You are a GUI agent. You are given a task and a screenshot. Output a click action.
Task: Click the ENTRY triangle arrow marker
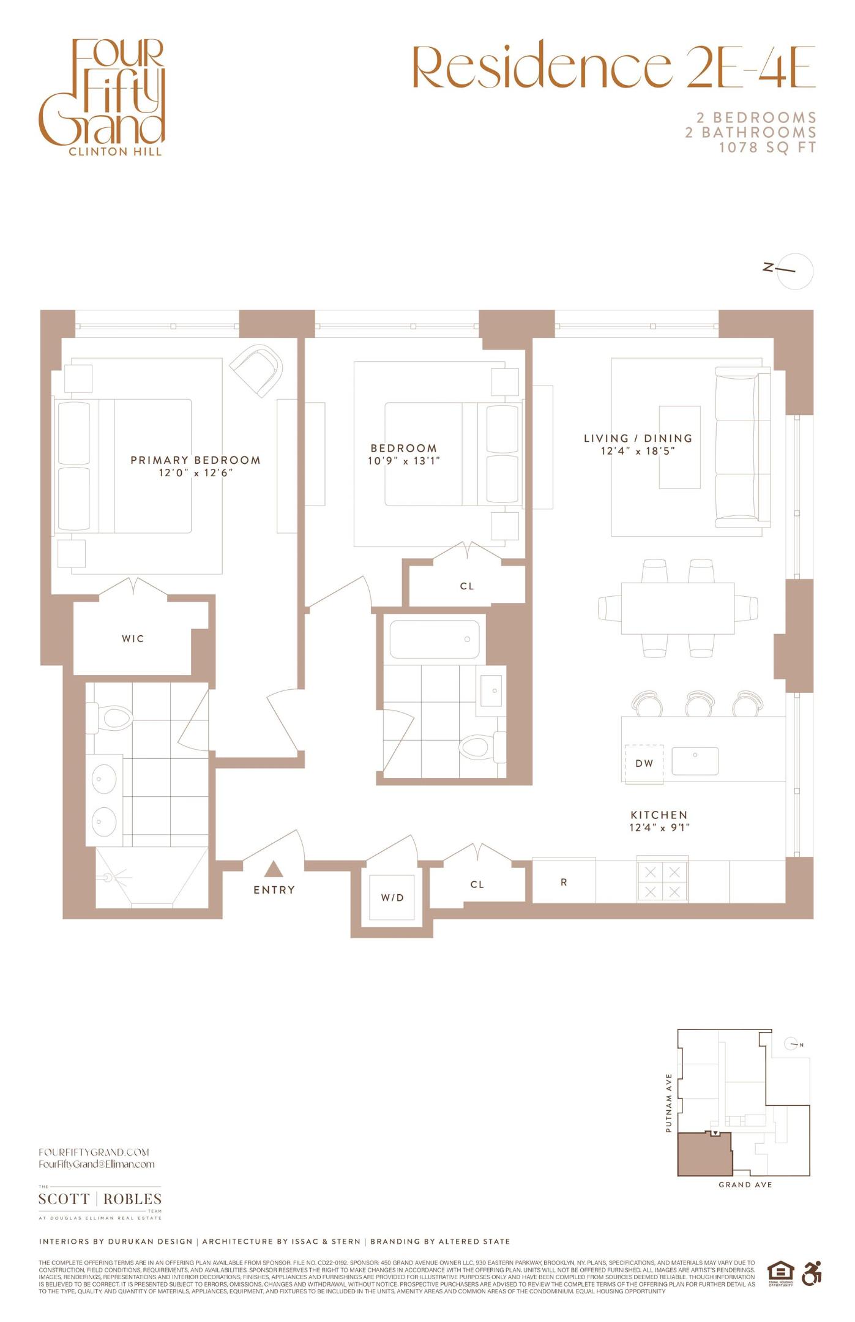274,869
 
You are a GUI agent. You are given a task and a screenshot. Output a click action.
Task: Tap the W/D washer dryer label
392,898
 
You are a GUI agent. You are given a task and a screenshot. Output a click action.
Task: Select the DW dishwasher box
644,763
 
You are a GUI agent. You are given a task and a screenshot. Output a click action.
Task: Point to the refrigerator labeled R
564,882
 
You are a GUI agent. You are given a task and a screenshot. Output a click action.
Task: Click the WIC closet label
133,638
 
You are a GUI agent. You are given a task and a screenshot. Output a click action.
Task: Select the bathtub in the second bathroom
435,640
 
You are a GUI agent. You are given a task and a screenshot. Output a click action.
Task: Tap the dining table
678,608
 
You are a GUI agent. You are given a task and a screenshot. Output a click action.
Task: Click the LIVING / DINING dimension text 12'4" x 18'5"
638,452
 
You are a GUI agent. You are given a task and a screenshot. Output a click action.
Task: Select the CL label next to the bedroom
467,586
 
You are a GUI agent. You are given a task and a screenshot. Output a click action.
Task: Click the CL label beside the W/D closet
477,884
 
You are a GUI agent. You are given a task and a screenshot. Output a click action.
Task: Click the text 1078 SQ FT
767,148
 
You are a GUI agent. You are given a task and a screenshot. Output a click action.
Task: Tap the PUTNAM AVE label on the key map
668,1103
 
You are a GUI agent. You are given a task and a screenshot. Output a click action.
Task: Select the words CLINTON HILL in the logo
116,152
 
